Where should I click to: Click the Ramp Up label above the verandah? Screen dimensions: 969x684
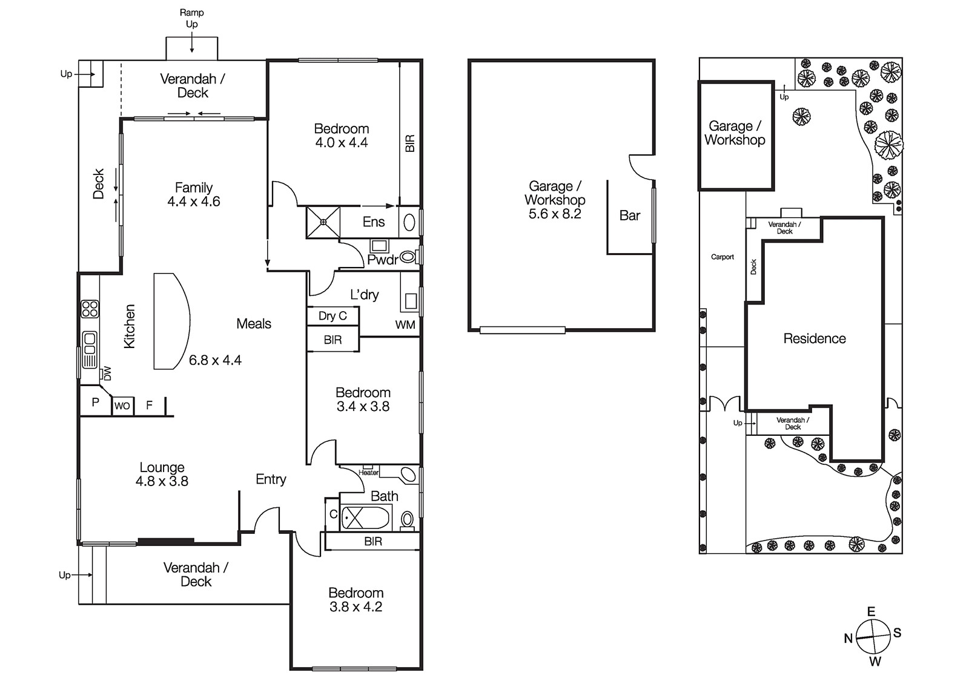coord(191,18)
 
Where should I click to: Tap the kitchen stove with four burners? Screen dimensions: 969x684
coord(90,309)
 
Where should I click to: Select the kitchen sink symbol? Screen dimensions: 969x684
coord(90,350)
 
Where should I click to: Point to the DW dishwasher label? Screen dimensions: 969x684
coord(107,373)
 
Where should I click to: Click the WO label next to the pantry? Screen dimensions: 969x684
coord(122,406)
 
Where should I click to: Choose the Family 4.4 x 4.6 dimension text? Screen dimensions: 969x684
coord(194,202)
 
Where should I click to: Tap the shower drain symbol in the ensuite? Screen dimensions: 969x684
coord(323,222)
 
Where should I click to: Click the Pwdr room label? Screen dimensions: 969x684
coord(382,260)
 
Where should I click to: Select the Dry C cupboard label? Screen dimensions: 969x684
coord(332,316)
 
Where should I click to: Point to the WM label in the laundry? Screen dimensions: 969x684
coord(405,324)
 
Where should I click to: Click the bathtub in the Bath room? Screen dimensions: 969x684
coord(366,518)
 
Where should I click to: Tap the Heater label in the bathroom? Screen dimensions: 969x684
coord(369,473)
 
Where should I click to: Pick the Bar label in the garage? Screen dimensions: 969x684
coord(630,215)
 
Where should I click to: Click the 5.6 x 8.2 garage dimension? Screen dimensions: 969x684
coord(555,214)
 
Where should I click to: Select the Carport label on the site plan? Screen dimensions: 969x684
coord(723,257)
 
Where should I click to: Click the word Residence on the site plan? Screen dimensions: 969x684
coord(815,338)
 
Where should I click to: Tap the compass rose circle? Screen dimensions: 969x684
coord(873,637)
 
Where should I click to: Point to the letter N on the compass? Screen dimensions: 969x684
coord(848,638)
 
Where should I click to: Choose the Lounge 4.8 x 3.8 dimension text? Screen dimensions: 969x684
coord(162,481)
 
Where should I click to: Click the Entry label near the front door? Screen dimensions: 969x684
coord(271,479)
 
